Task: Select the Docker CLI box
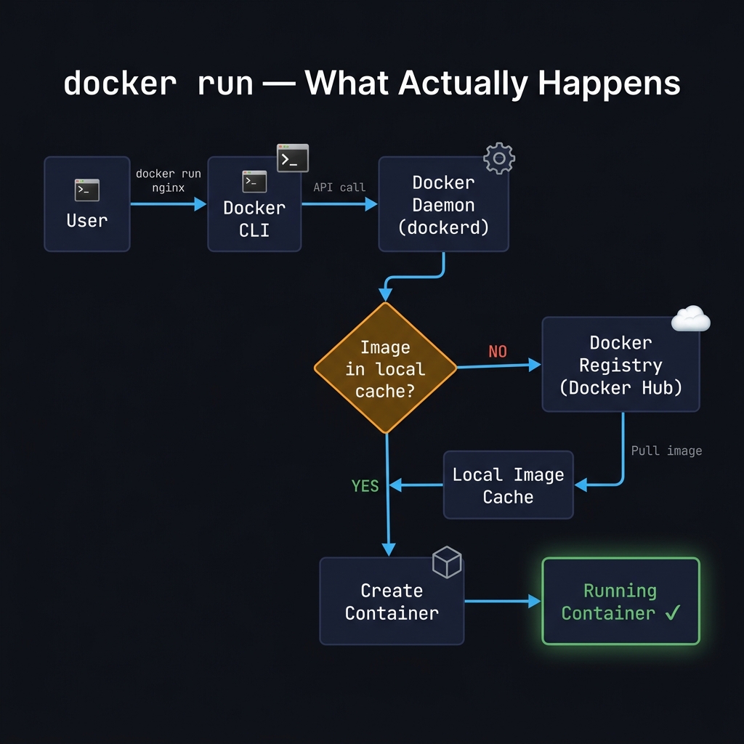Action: [x=254, y=211]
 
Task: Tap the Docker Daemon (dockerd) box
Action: [x=443, y=205]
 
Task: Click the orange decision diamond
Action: [x=385, y=368]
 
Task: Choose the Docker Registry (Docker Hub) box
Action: [x=620, y=365]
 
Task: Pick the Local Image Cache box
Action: [x=508, y=485]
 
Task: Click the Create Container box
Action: [x=392, y=602]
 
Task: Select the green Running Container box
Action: [x=620, y=602]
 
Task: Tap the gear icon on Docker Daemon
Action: [x=499, y=158]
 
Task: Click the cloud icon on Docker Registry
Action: [x=690, y=318]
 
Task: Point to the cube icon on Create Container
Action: [x=447, y=562]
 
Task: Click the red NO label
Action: [x=498, y=352]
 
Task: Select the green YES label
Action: [x=365, y=486]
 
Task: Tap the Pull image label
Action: [x=666, y=451]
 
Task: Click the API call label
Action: [x=339, y=187]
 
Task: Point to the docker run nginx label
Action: [x=168, y=181]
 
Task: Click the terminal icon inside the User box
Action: [x=86, y=190]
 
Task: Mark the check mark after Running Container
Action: [x=672, y=613]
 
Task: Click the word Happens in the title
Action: [x=609, y=84]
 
